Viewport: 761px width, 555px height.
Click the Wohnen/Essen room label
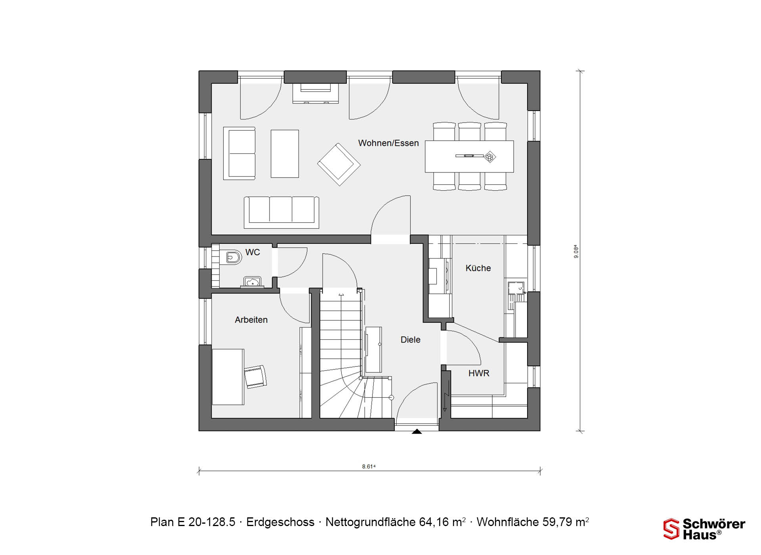(x=388, y=143)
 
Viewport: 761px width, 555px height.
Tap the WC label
(x=252, y=252)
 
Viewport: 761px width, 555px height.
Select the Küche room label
(x=478, y=268)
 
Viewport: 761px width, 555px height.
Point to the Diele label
(x=410, y=340)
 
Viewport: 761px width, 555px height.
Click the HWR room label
(x=479, y=373)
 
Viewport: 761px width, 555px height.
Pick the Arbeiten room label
(x=251, y=320)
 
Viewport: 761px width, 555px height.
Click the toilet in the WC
(x=233, y=258)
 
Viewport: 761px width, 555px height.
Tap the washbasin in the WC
(x=252, y=282)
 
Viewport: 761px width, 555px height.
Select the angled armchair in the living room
(x=339, y=165)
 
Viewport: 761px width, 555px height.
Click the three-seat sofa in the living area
(x=281, y=212)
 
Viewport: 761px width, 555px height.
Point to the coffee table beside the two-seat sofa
(x=285, y=153)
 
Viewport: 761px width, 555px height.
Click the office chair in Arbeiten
(x=255, y=376)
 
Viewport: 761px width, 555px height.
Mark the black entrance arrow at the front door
(x=417, y=431)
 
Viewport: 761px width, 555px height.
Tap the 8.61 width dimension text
(x=369, y=467)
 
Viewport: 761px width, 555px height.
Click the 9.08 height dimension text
(x=576, y=252)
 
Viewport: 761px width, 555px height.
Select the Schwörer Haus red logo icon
(x=671, y=529)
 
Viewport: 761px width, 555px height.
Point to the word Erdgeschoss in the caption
(x=280, y=522)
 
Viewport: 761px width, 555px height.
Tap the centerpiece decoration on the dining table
(x=490, y=157)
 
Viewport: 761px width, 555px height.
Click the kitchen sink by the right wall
(x=516, y=288)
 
